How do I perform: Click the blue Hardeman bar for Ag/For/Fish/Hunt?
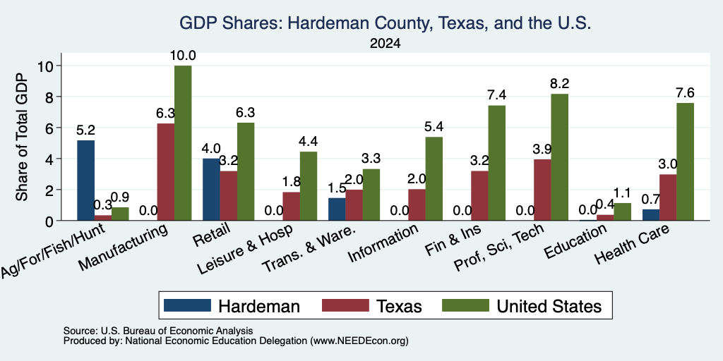pyautogui.click(x=85, y=180)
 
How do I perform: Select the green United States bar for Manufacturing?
pyautogui.click(x=183, y=143)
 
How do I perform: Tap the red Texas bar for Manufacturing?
pyautogui.click(x=165, y=172)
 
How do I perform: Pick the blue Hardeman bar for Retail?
pyautogui.click(x=212, y=190)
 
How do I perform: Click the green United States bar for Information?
pyautogui.click(x=434, y=178)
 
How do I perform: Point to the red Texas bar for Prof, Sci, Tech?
pyautogui.click(x=542, y=190)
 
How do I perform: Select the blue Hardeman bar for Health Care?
pyautogui.click(x=650, y=215)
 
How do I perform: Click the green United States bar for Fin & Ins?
pyautogui.click(x=497, y=163)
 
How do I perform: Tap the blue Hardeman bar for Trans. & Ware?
pyautogui.click(x=337, y=209)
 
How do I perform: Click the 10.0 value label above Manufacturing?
pyautogui.click(x=183, y=56)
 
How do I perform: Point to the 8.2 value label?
pyautogui.click(x=559, y=84)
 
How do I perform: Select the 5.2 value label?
pyautogui.click(x=85, y=130)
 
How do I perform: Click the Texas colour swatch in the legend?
pyautogui.click(x=345, y=305)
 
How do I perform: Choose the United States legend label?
pyautogui.click(x=549, y=306)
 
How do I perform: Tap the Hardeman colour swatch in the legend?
pyautogui.click(x=187, y=305)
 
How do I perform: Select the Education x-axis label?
pyautogui.click(x=575, y=242)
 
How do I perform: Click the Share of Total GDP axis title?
pyautogui.click(x=22, y=137)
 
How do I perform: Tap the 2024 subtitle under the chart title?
pyautogui.click(x=385, y=44)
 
